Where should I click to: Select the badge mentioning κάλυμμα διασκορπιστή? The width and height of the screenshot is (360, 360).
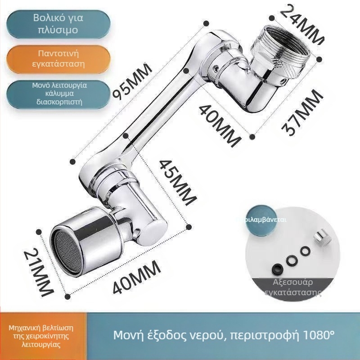tap(58, 93)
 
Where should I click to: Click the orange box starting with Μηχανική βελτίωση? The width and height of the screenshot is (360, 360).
tap(41, 336)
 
